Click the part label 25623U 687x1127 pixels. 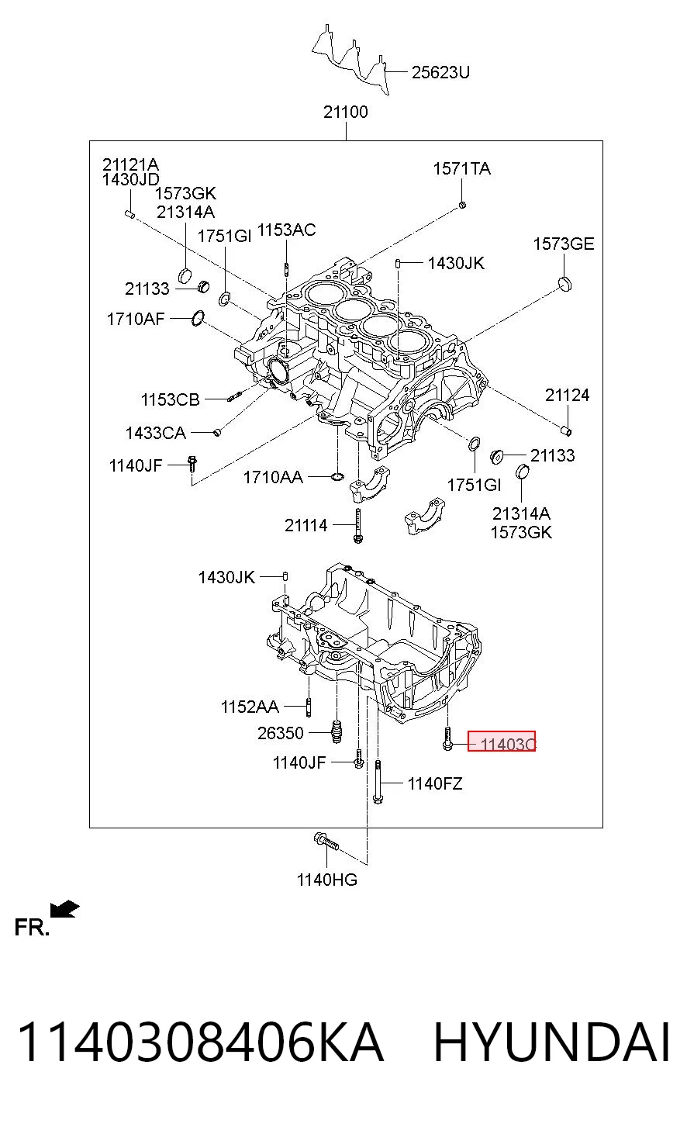click(x=440, y=72)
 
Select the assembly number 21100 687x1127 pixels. click(x=346, y=112)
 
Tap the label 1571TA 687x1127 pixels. click(x=461, y=168)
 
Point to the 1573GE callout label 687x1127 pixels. click(x=563, y=244)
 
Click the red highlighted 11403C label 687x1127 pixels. click(x=502, y=741)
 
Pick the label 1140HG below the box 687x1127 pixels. click(x=327, y=880)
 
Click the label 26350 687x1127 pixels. click(x=281, y=733)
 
